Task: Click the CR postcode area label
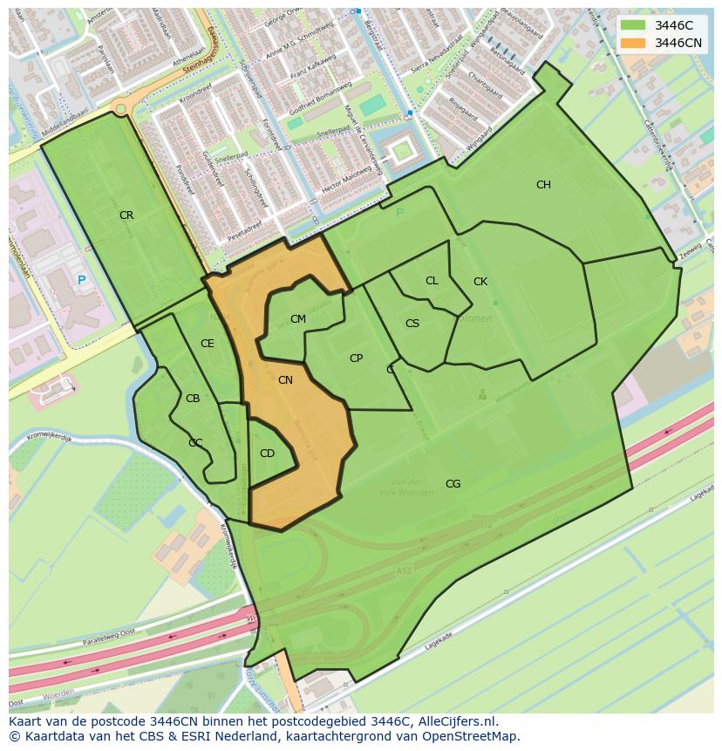(126, 215)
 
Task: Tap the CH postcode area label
(543, 185)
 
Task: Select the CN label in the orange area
(285, 380)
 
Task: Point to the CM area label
(298, 319)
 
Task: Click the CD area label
(267, 454)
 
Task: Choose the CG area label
(453, 484)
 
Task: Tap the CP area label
(356, 358)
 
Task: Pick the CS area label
(412, 324)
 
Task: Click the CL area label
(432, 281)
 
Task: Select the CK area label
(480, 282)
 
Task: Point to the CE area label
(207, 344)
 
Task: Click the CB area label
(193, 399)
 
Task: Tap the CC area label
(195, 443)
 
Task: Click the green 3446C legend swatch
(634, 25)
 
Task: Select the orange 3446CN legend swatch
(634, 43)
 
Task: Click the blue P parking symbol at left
(81, 280)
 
